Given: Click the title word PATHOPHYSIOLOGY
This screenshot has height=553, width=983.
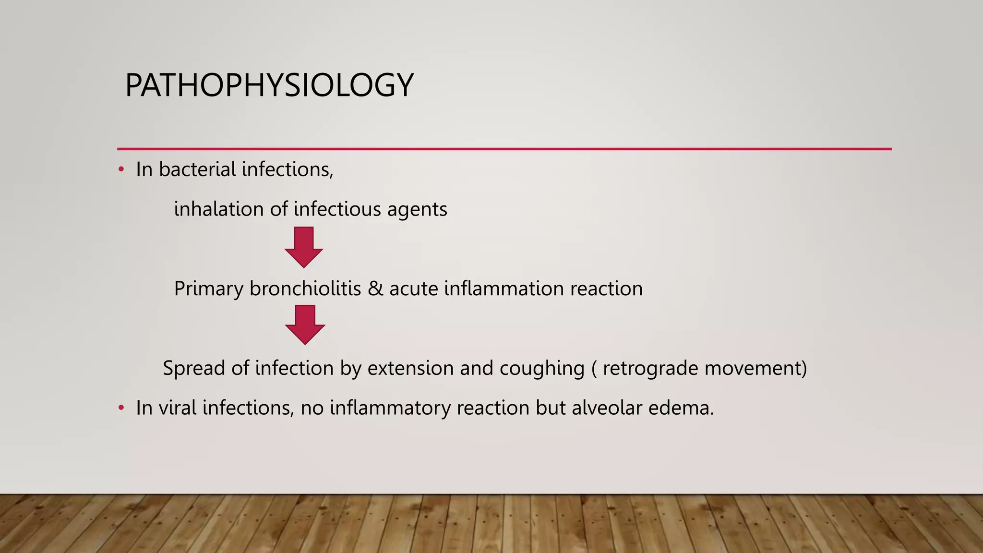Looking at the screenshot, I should click(x=269, y=85).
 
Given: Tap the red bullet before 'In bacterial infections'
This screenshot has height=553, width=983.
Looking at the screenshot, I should click(x=121, y=169).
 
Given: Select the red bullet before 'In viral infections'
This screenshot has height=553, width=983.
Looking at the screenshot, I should click(x=121, y=408).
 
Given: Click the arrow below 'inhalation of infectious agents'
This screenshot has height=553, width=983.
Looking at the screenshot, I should click(x=304, y=247).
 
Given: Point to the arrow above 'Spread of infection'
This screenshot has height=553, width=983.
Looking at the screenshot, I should click(x=305, y=325).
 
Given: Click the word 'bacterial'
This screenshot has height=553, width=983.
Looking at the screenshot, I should click(x=197, y=169).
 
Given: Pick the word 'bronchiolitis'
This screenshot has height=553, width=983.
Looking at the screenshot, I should click(x=305, y=289).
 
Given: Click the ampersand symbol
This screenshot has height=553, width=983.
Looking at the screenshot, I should click(x=375, y=289).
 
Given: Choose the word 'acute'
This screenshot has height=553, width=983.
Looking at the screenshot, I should click(x=413, y=289).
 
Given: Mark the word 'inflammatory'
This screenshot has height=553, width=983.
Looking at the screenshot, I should click(x=390, y=409).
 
